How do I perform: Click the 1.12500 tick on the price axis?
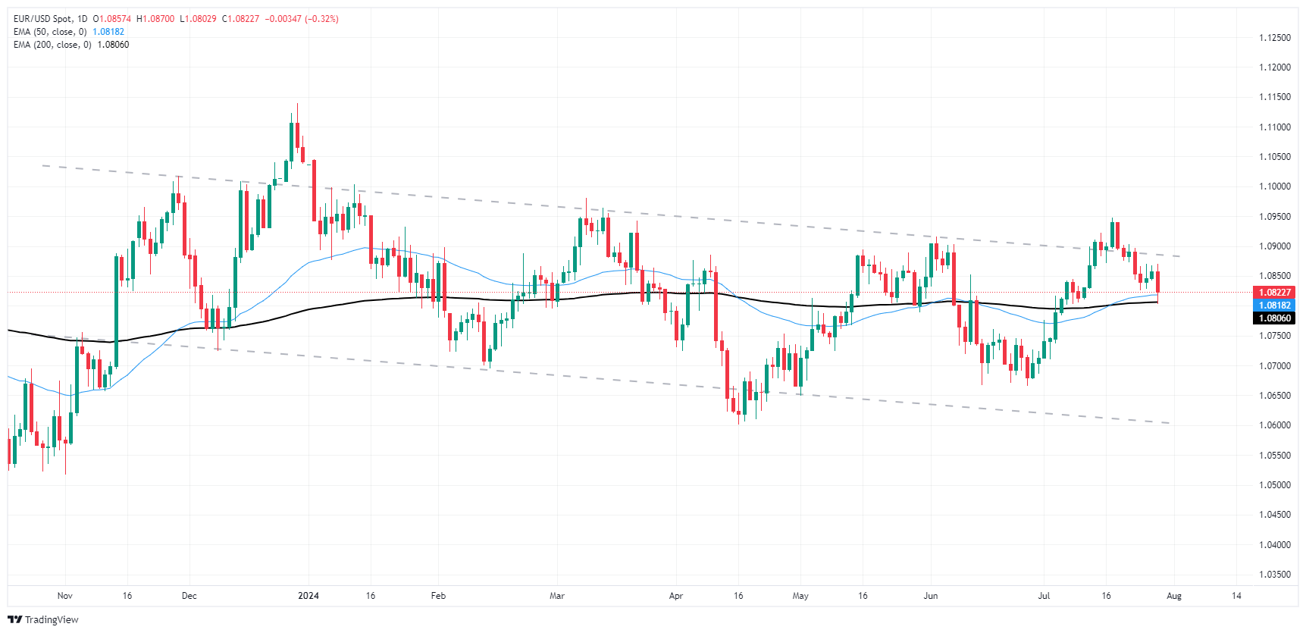pyautogui.click(x=1274, y=38)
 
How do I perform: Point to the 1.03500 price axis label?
pyautogui.click(x=1274, y=575)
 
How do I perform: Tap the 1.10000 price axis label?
pyautogui.click(x=1274, y=186)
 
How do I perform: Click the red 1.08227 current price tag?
pyautogui.click(x=1274, y=292)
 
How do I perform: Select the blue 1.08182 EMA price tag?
pyautogui.click(x=1274, y=306)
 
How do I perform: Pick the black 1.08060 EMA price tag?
pyautogui.click(x=1274, y=318)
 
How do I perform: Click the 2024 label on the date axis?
pyautogui.click(x=308, y=596)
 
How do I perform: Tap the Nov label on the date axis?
pyautogui.click(x=65, y=596)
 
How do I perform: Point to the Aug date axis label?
pyautogui.click(x=1174, y=596)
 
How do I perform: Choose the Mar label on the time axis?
pyautogui.click(x=557, y=596)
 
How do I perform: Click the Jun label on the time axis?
pyautogui.click(x=931, y=596)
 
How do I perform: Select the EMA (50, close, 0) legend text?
pyautogui.click(x=50, y=32)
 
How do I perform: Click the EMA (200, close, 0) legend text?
pyautogui.click(x=52, y=45)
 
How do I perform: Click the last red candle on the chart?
pyautogui.click(x=1157, y=282)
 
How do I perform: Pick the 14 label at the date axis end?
pyautogui.click(x=1236, y=596)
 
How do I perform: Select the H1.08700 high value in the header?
pyautogui.click(x=155, y=19)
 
